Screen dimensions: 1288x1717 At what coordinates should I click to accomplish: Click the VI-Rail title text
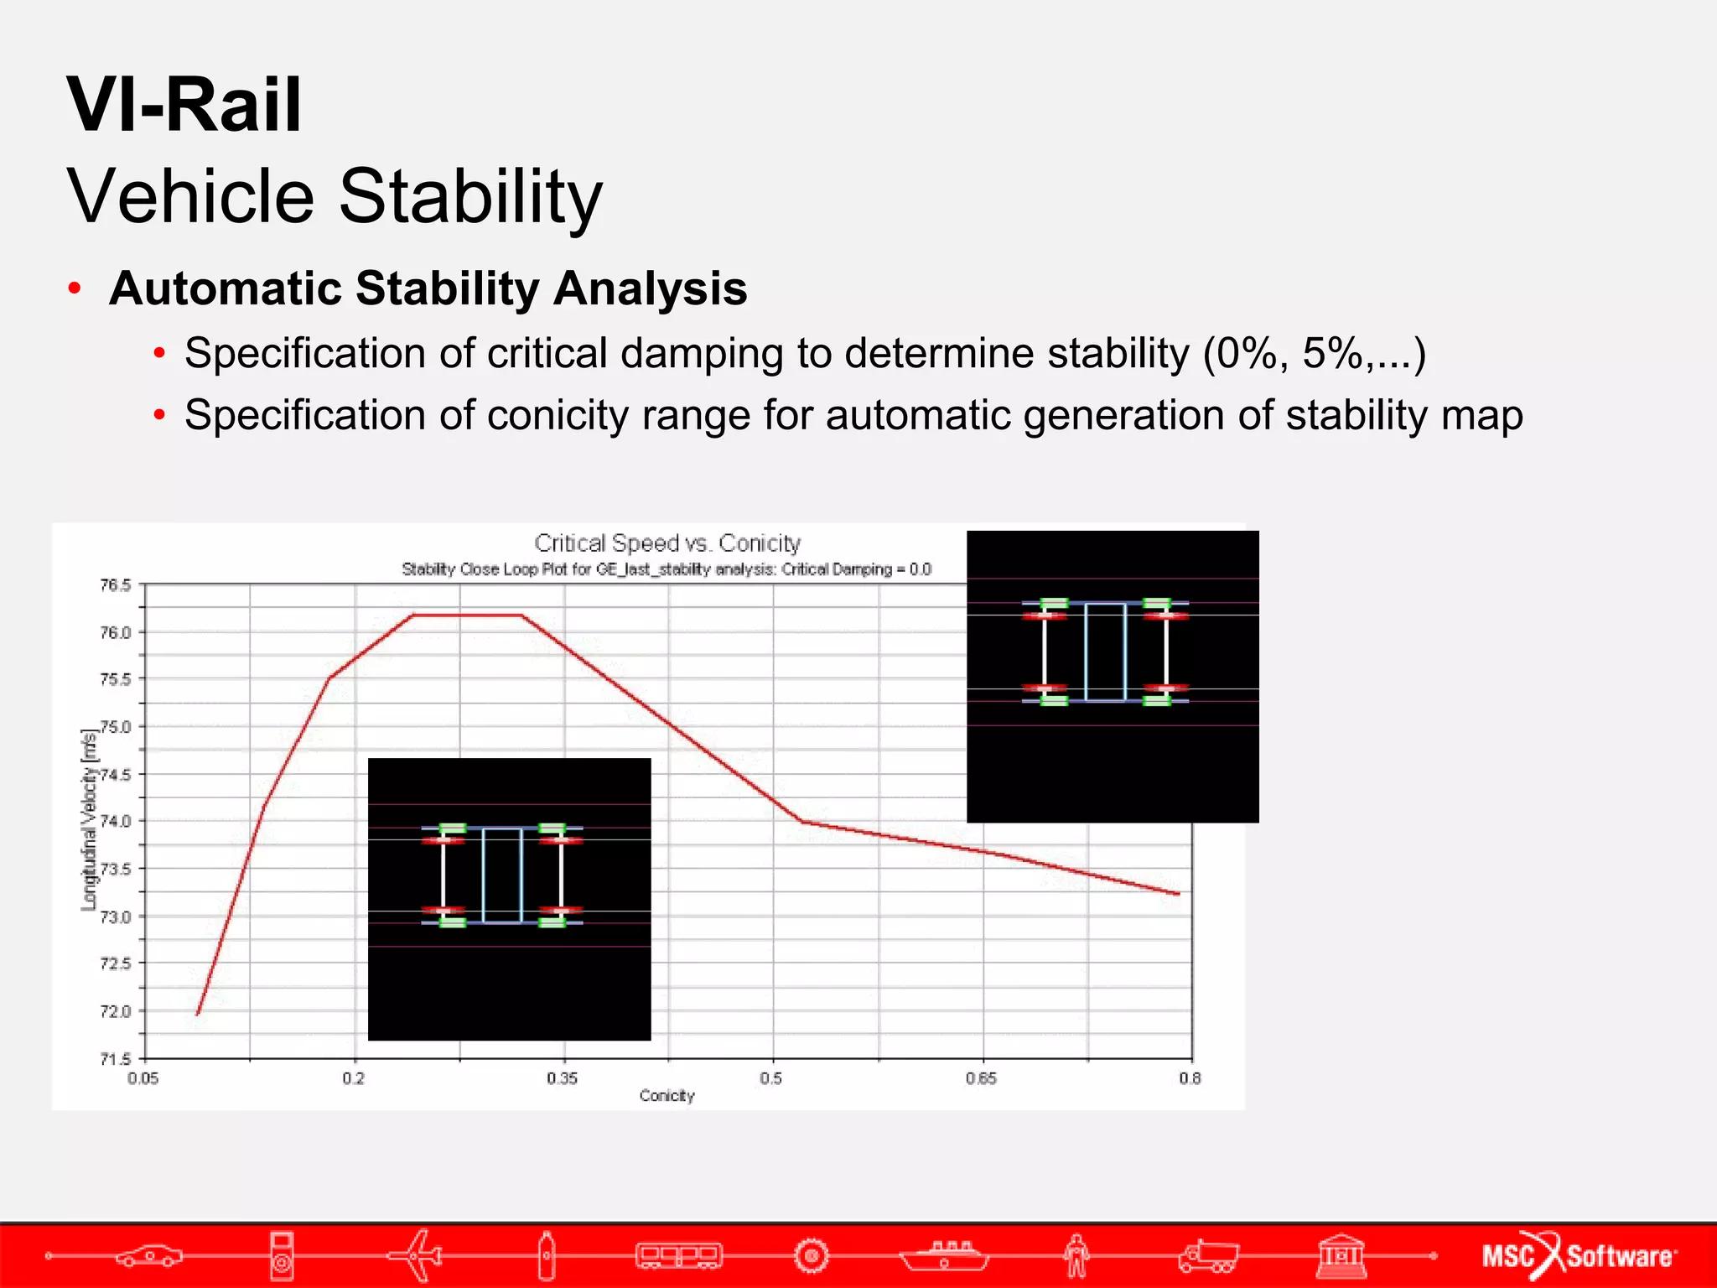(184, 105)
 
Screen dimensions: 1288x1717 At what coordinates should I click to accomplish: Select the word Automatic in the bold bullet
(226, 288)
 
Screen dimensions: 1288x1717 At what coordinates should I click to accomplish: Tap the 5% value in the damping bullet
(1333, 353)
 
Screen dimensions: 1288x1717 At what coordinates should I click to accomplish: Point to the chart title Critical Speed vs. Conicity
(667, 543)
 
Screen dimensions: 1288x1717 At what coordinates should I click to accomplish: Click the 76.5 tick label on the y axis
(116, 585)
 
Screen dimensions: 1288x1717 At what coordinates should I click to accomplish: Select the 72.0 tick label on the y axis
(116, 1011)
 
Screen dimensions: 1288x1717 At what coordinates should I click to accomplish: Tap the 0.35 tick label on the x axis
(562, 1078)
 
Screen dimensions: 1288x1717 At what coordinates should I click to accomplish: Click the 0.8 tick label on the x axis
(1189, 1078)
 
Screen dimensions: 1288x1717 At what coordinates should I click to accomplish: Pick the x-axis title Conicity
(667, 1096)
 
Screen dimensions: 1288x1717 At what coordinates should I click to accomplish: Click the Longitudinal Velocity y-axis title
(89, 820)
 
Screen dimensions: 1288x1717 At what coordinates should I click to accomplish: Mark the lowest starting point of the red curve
(198, 1014)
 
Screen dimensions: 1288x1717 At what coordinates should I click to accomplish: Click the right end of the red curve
(1178, 894)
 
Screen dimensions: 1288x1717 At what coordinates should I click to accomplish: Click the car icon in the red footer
(149, 1255)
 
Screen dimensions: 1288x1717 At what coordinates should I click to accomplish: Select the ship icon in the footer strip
(945, 1255)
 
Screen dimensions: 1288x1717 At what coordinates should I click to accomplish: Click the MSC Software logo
(1579, 1255)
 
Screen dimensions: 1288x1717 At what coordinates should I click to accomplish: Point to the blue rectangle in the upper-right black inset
(1105, 652)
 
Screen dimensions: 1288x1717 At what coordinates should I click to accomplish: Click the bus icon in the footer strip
(678, 1255)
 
